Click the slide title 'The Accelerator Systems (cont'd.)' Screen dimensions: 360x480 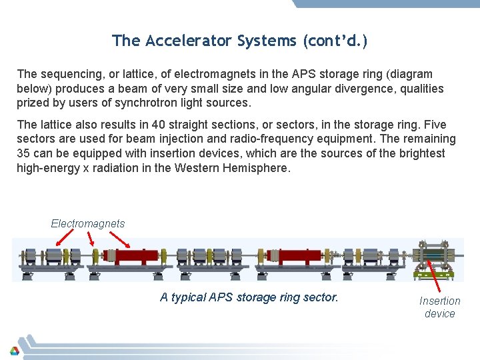(240, 41)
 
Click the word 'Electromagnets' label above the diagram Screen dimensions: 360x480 (87, 223)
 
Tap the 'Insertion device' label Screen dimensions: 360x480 (439, 307)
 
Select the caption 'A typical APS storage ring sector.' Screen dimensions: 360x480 (249, 297)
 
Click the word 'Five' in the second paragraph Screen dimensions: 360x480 (434, 125)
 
